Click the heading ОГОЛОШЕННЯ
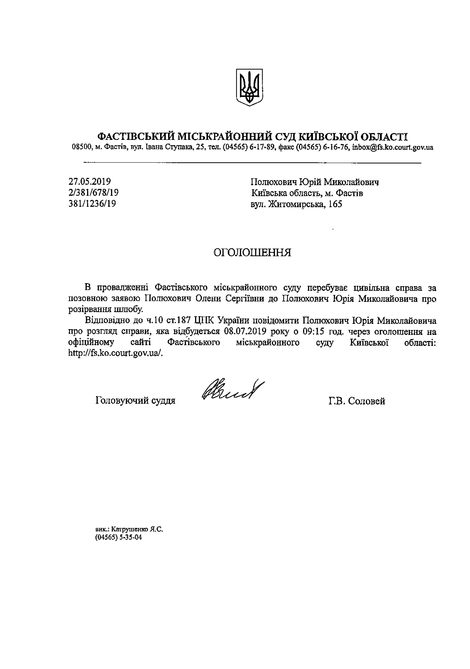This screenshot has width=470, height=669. pos(252,252)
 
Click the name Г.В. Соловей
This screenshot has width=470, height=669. pos(356,401)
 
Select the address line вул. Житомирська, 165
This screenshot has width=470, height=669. pos(296,204)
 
